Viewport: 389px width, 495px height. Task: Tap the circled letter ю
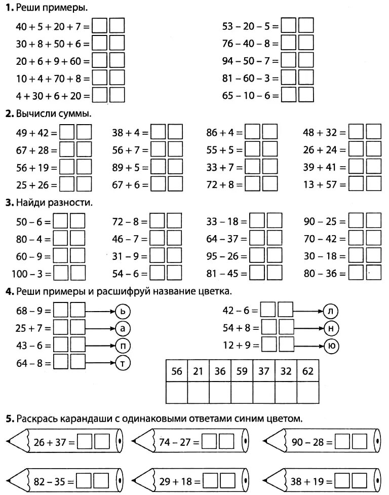tap(331, 346)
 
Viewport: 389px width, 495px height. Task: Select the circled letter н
tap(331, 329)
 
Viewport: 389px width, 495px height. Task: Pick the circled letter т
tap(123, 362)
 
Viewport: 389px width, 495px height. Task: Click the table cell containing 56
tap(176, 371)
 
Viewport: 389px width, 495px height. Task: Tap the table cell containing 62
tap(307, 371)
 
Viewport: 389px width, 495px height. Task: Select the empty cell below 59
tap(242, 392)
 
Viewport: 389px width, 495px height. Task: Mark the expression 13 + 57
tap(324, 184)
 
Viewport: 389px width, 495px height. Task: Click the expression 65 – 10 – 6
tap(250, 95)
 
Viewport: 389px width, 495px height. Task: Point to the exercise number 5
tap(8, 418)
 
